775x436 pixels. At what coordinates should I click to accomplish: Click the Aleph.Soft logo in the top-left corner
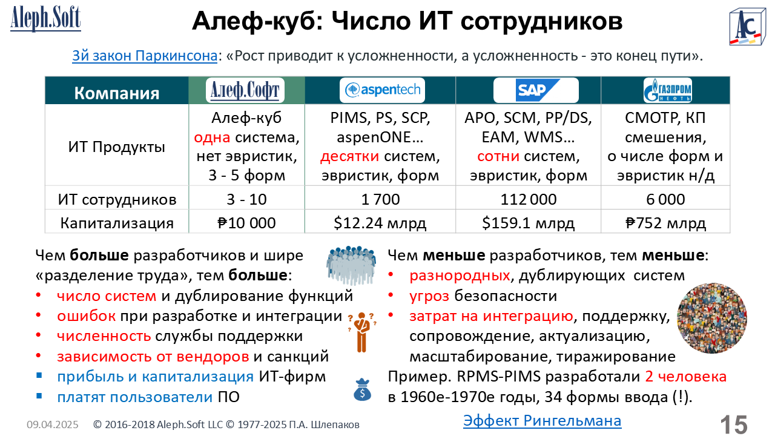click(x=45, y=19)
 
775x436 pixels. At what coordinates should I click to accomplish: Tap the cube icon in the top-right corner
click(x=748, y=27)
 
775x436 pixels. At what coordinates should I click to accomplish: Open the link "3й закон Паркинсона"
click(x=145, y=56)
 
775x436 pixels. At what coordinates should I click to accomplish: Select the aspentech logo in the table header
click(x=382, y=90)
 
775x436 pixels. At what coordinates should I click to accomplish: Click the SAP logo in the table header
click(x=536, y=90)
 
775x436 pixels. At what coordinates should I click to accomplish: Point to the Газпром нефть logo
click(x=667, y=90)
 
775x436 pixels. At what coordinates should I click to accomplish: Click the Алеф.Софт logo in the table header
click(x=245, y=90)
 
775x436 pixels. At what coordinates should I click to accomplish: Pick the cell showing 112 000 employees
click(x=529, y=199)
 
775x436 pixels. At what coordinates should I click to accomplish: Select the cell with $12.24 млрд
click(x=380, y=223)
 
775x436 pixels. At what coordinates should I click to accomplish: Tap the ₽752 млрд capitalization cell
click(x=665, y=223)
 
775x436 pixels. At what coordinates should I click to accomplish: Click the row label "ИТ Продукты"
click(x=117, y=147)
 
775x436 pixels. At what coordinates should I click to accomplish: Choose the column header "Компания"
click(x=117, y=93)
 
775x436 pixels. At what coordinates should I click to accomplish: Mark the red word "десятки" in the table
click(x=349, y=156)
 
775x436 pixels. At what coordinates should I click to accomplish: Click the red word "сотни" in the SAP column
click(x=498, y=156)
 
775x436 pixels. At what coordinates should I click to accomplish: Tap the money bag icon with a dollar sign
click(x=362, y=389)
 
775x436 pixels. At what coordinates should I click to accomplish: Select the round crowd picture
click(x=711, y=319)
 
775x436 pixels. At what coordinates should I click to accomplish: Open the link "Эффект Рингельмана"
click(x=542, y=421)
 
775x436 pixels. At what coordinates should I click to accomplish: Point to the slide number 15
click(x=734, y=424)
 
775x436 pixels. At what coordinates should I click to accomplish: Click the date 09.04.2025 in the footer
click(x=53, y=424)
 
